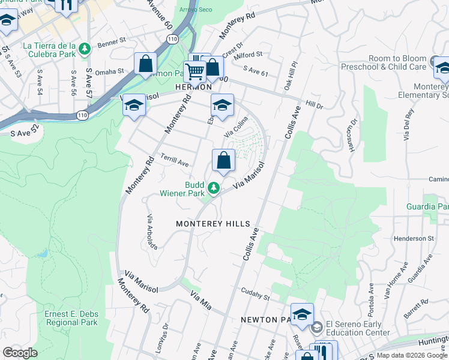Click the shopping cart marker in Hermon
194,71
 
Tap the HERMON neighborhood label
193,88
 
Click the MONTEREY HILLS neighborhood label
212,224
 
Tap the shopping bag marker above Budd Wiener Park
223,161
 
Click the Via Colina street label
236,130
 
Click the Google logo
20,353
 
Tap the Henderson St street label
414,238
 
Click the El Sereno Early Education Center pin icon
316,327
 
